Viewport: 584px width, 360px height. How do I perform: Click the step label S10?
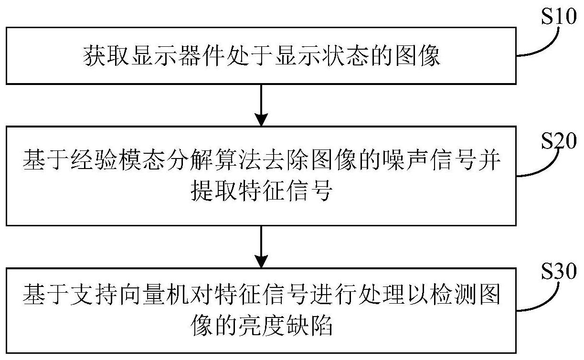tap(558, 16)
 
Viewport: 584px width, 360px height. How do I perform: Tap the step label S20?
tap(558, 141)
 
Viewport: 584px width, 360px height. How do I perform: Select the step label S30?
tap(558, 271)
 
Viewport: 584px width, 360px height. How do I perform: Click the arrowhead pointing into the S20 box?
tap(261, 120)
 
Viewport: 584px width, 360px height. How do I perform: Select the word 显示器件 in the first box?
tap(178, 55)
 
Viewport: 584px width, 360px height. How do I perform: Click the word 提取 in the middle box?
tap(214, 191)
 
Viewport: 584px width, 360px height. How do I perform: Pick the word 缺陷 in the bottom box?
tap(309, 326)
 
